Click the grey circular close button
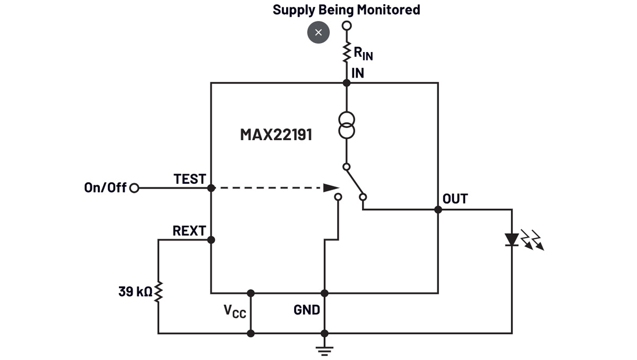pyautogui.click(x=318, y=32)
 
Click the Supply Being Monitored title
pyautogui.click(x=346, y=10)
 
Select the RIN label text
pyautogui.click(x=363, y=53)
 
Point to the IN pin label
pyautogui.click(x=358, y=73)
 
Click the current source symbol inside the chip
pyautogui.click(x=347, y=125)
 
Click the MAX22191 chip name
pyautogui.click(x=276, y=134)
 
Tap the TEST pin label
pyautogui.click(x=190, y=179)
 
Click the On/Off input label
pyautogui.click(x=105, y=187)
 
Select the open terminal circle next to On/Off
pyautogui.click(x=134, y=188)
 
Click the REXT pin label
pyautogui.click(x=189, y=231)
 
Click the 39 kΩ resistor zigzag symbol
pyautogui.click(x=158, y=292)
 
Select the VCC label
pyautogui.click(x=235, y=311)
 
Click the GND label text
pyautogui.click(x=307, y=310)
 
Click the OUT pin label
pyautogui.click(x=455, y=199)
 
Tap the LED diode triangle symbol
pyautogui.click(x=512, y=240)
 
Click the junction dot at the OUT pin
pyautogui.click(x=438, y=210)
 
